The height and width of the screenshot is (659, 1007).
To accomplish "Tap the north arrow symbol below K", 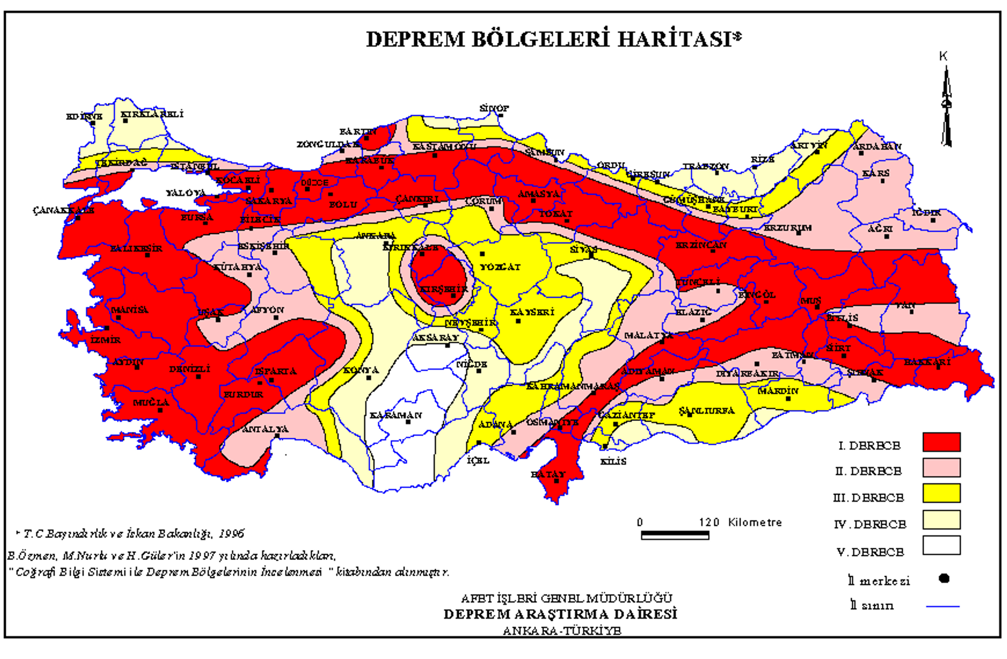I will [x=946, y=107].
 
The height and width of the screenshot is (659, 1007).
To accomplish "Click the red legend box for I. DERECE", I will [x=941, y=442].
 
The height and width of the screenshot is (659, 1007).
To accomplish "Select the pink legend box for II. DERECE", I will [x=941, y=468].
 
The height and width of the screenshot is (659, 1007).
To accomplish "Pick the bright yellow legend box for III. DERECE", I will [x=941, y=493].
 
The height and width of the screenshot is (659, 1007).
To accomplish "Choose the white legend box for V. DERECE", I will [x=941, y=545].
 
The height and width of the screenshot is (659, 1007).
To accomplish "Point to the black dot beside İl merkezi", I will [x=944, y=579].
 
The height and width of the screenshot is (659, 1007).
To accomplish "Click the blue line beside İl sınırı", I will [x=942, y=606].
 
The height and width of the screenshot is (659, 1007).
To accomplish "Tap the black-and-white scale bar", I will [x=675, y=535].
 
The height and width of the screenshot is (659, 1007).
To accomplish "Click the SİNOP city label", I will [x=494, y=109].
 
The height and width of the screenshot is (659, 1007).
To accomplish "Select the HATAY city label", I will [x=548, y=474].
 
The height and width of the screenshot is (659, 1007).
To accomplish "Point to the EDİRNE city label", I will [x=84, y=116].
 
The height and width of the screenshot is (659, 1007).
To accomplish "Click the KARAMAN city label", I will [x=395, y=415].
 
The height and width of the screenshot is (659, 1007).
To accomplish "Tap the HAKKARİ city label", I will [x=927, y=362].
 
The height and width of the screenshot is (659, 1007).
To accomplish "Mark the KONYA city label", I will [x=361, y=371].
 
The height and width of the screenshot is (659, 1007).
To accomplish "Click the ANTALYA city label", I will [x=265, y=429].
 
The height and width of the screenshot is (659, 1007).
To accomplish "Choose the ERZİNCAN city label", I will [x=701, y=245].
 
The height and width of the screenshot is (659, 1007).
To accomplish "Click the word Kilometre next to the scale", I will [x=755, y=522].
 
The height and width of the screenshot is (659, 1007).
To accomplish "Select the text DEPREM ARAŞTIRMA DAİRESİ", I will [x=560, y=614].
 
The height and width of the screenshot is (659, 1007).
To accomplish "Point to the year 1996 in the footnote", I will [x=231, y=534].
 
